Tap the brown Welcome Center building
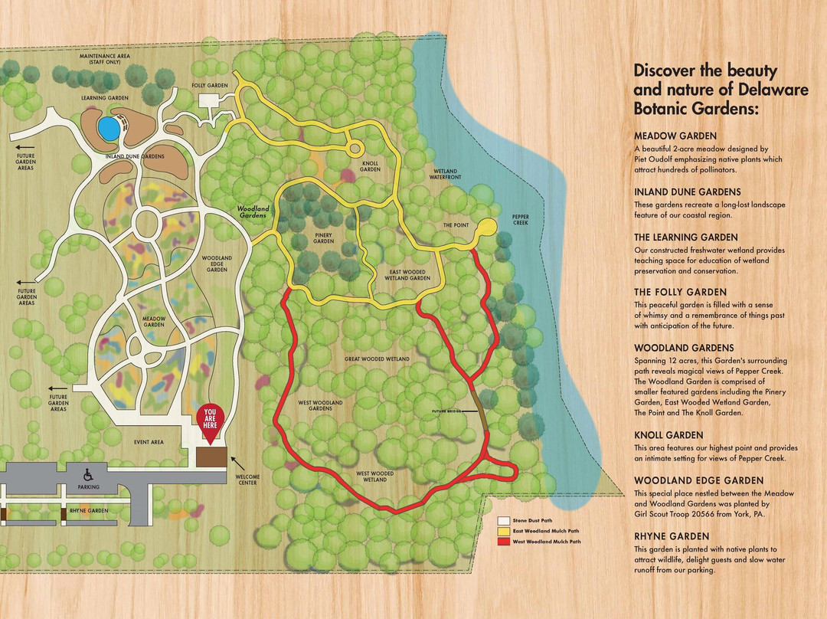[x=211, y=456]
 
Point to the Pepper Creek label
[x=521, y=220]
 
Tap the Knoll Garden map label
[x=370, y=166]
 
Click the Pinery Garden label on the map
[x=324, y=238]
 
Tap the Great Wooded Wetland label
[x=376, y=359]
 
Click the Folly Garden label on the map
[x=209, y=85]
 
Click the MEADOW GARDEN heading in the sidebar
[x=675, y=136]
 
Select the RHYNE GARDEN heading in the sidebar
[x=672, y=536]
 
